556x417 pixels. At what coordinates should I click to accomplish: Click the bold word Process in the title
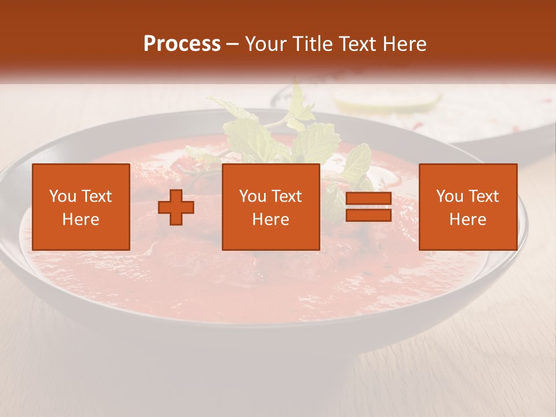point(182,44)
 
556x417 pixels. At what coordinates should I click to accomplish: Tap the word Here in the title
point(405,44)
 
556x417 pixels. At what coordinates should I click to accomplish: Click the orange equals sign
point(368,207)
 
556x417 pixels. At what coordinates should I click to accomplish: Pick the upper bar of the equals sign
point(368,199)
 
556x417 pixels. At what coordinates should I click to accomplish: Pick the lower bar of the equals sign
point(368,215)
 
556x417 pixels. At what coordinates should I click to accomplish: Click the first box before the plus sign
point(81,207)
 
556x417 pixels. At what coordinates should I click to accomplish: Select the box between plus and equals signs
point(271,207)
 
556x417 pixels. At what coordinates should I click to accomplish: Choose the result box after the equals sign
point(468,207)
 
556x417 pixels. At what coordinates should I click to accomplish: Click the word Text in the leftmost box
point(97,196)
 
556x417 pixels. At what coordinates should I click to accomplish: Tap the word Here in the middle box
point(271,220)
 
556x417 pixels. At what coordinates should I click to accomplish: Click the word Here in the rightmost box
point(468,220)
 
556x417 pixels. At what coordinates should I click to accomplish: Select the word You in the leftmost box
point(63,196)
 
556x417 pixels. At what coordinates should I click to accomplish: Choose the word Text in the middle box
point(287,196)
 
